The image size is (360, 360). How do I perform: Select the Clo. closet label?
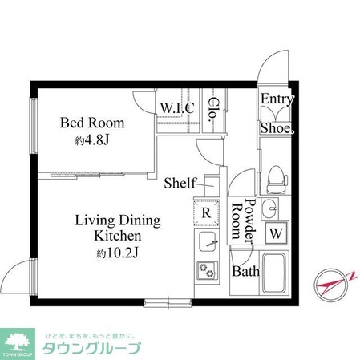click(x=215, y=107)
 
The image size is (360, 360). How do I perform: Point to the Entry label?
click(x=277, y=99)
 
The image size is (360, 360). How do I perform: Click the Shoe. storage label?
click(x=277, y=127)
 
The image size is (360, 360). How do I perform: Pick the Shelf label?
click(x=180, y=183)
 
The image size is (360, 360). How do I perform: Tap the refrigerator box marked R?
click(x=205, y=212)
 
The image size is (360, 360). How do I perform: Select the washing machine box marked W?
click(x=275, y=233)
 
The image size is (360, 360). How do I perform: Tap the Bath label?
click(x=246, y=271)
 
